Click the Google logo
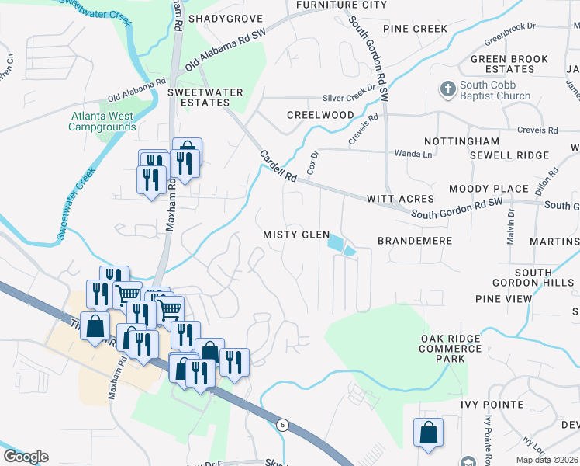[26, 457]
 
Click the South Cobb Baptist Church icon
[447, 89]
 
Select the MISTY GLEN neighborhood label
[296, 235]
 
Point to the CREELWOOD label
[320, 115]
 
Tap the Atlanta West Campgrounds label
[103, 121]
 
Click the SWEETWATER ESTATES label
[205, 98]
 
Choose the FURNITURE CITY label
[341, 5]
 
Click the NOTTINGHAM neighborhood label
[462, 142]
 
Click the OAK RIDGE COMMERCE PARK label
[454, 349]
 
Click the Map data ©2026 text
[547, 460]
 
